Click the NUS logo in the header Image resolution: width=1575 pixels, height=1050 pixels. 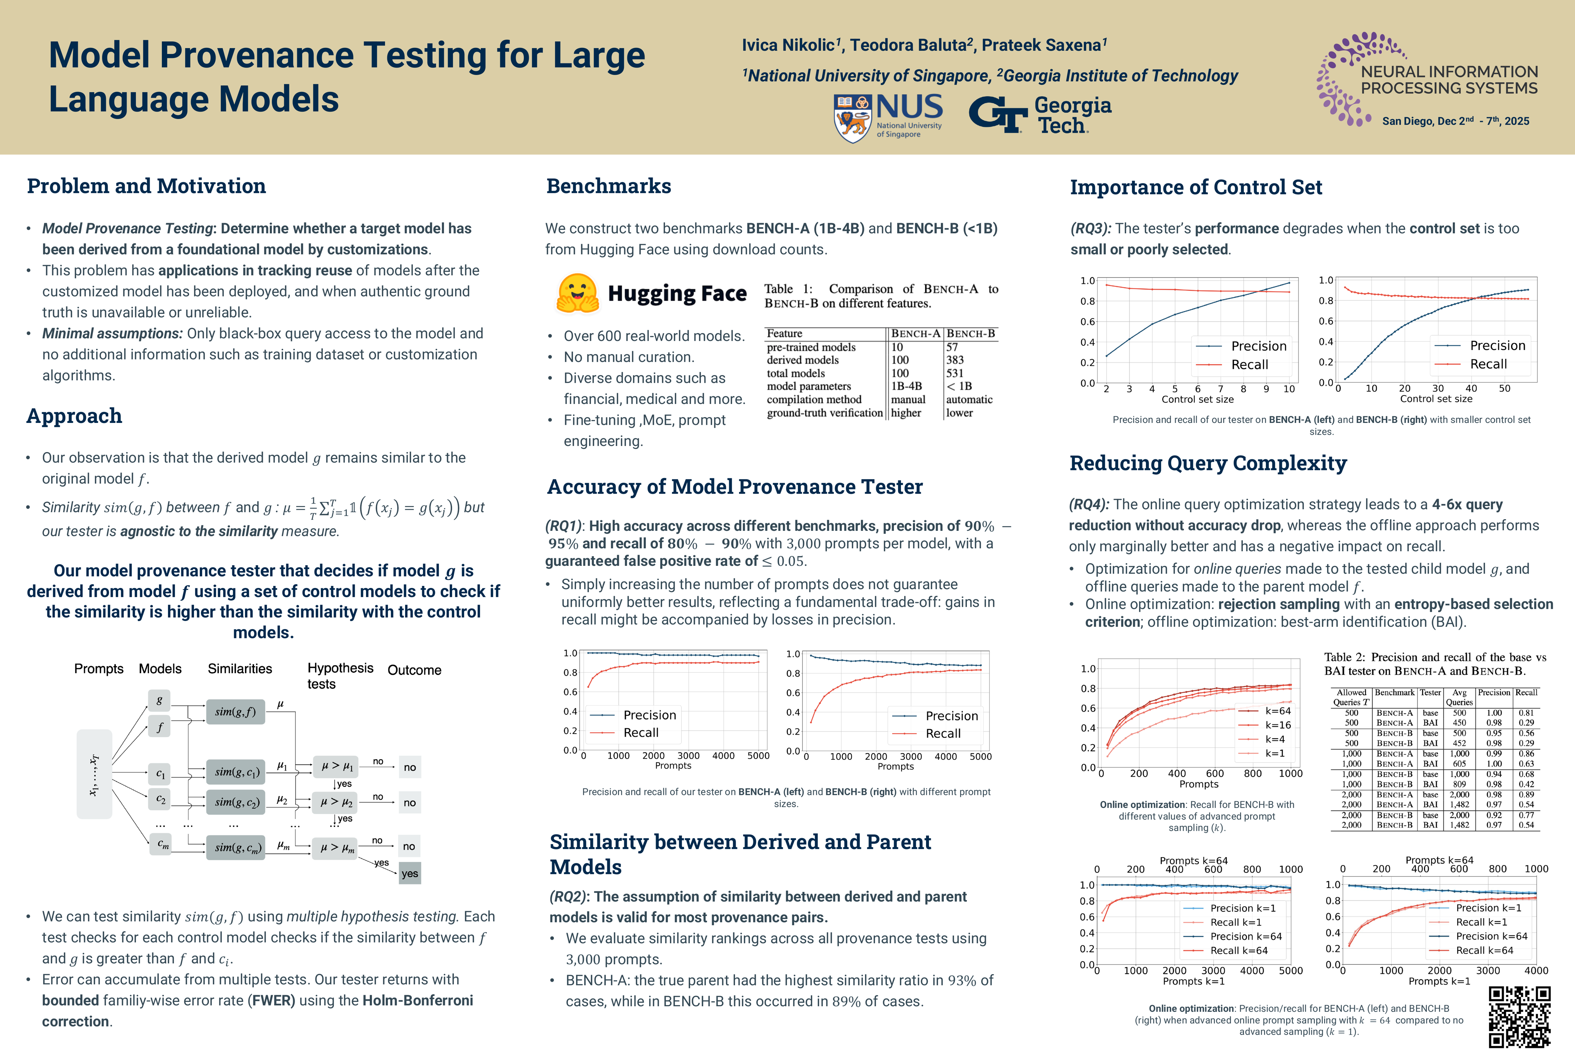(x=888, y=117)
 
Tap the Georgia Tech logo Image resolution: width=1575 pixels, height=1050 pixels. (x=1040, y=115)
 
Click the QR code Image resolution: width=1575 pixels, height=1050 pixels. (x=1519, y=1016)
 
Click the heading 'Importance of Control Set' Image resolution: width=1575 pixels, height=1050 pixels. (x=1195, y=187)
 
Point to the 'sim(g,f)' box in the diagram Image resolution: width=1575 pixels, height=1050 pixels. (x=235, y=712)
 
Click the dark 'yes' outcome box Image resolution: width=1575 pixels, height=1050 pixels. (x=410, y=873)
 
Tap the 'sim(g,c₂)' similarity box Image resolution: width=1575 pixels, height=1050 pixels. (x=235, y=802)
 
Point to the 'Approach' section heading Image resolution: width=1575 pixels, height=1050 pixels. (x=74, y=416)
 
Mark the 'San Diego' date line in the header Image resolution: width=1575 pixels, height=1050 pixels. (x=1455, y=121)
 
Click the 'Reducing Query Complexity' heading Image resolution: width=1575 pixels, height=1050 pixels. (x=1208, y=463)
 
